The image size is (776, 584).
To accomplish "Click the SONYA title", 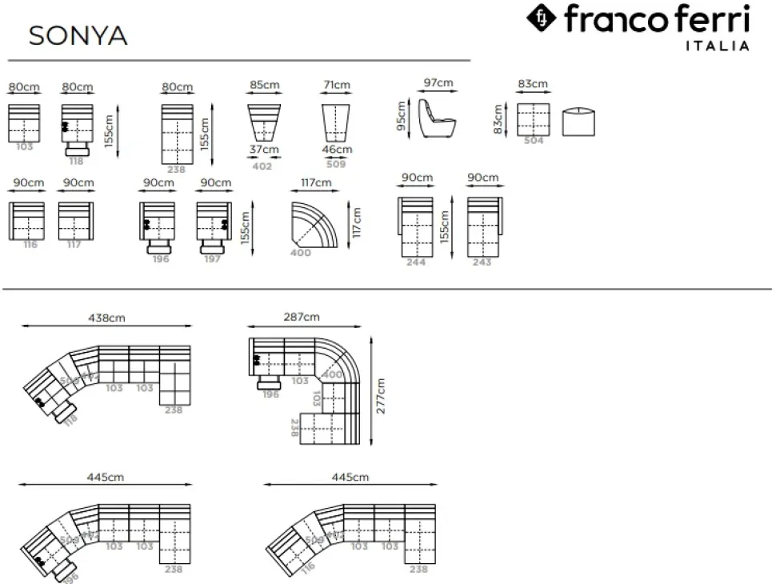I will coord(78,36).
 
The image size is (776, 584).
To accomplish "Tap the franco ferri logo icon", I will coord(542,18).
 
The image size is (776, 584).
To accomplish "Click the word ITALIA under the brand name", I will coord(718,46).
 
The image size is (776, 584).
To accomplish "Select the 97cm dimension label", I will coord(438,83).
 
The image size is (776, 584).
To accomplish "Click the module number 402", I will coord(262,166).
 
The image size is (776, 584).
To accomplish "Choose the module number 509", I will coord(337,165).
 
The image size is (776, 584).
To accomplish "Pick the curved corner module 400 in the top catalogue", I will coord(314,226).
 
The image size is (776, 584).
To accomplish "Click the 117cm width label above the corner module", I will coord(316,183).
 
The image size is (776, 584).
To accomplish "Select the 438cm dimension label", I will coord(106,318).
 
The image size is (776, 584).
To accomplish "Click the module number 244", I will coord(416,262).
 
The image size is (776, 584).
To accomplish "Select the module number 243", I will coord(482,262).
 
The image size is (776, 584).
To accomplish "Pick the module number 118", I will coord(77,161).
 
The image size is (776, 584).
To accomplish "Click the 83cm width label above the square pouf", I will coord(532,84).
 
